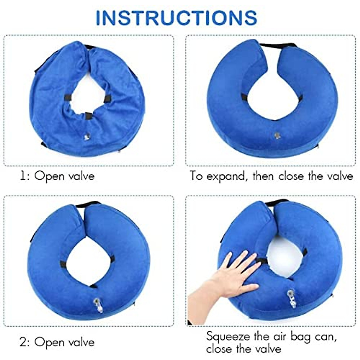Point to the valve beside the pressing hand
coord(290,295)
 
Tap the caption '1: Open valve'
coord(57,176)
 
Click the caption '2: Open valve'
coord(57,342)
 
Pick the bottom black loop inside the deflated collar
coord(88,115)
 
